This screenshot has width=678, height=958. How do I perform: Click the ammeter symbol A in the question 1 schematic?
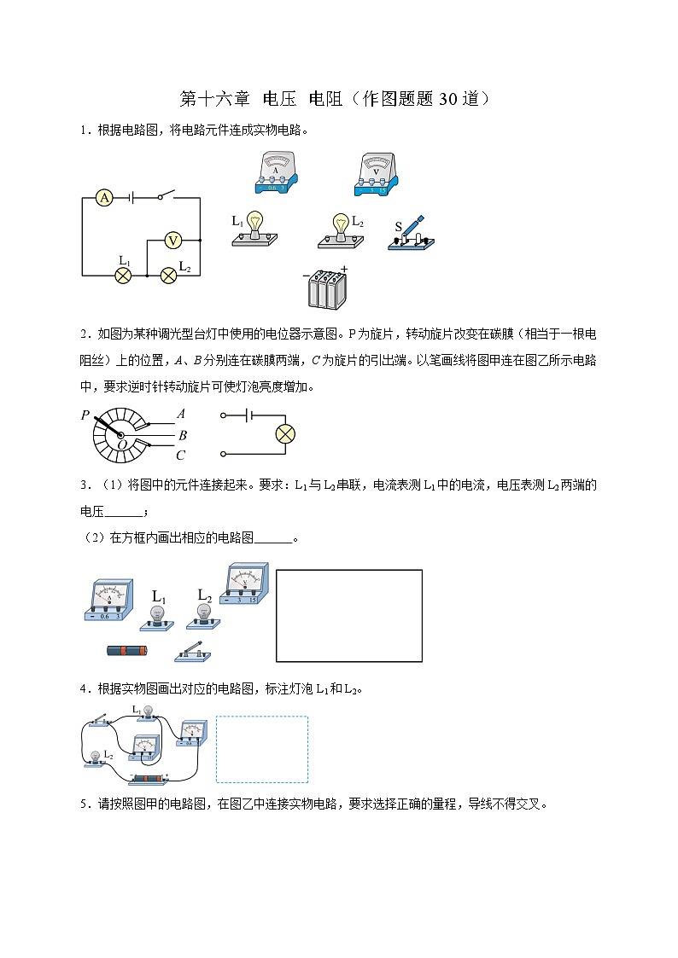(x=104, y=198)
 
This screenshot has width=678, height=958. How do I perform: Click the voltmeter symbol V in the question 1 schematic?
(x=173, y=241)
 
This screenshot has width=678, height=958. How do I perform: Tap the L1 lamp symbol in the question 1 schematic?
(x=123, y=275)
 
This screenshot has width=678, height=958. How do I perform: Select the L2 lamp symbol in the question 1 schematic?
(x=169, y=275)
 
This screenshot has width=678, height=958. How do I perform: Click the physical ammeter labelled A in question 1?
(x=275, y=175)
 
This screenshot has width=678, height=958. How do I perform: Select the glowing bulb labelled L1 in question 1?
(x=254, y=229)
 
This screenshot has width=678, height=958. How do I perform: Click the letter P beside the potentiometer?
(x=85, y=415)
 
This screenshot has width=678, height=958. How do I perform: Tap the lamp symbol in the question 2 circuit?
(x=284, y=434)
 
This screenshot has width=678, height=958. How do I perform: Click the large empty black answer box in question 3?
(x=348, y=615)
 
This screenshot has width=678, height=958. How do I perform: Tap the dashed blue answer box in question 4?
(x=262, y=749)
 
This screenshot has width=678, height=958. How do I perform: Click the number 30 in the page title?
(x=449, y=99)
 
